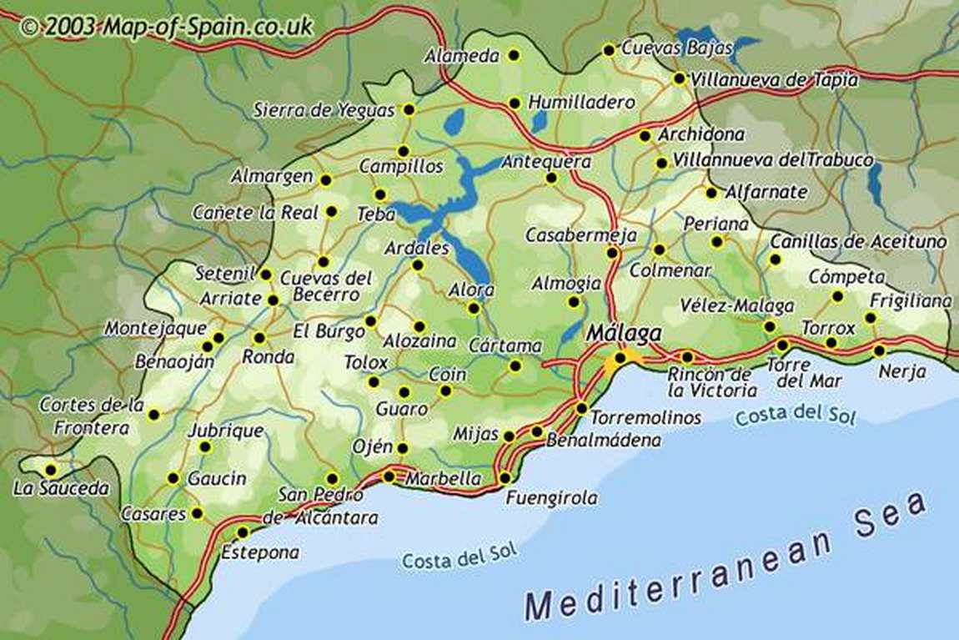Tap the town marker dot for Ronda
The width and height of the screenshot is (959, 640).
[x=259, y=339]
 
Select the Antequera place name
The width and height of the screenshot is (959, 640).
[x=545, y=161]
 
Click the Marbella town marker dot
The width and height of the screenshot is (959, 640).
[x=389, y=476]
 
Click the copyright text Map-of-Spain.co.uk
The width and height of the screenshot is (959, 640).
[x=166, y=26]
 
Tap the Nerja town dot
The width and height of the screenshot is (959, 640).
[x=879, y=350]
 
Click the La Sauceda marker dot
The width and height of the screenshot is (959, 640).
[x=51, y=470]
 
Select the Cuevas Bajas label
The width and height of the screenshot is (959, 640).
[x=676, y=48]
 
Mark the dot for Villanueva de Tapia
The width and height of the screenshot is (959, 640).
[x=679, y=78]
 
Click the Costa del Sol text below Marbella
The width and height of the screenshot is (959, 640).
[x=459, y=557]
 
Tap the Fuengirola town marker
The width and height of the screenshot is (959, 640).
[x=505, y=477]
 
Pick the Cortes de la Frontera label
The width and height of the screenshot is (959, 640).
[x=91, y=416]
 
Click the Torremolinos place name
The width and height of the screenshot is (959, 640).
[x=645, y=416]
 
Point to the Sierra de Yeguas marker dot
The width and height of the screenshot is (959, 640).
[x=409, y=109]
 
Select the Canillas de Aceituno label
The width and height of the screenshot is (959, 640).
[x=858, y=241]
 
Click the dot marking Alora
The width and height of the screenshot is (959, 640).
[x=474, y=308]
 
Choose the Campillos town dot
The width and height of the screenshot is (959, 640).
[x=403, y=151]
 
